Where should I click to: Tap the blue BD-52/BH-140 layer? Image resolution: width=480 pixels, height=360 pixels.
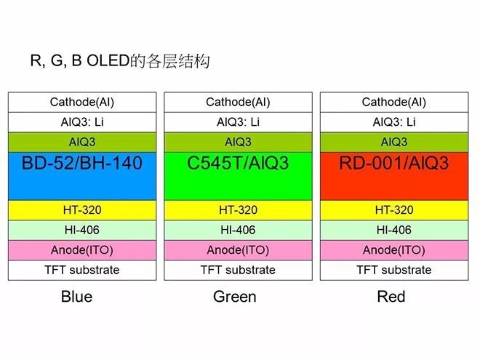82,175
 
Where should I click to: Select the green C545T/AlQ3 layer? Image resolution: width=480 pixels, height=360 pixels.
238,175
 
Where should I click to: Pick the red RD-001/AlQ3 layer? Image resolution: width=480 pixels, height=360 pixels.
393,175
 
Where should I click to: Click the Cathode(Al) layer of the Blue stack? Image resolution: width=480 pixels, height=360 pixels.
82,103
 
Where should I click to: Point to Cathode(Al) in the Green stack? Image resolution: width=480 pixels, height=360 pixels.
238,103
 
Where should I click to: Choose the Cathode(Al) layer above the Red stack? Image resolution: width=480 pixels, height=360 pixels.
393,103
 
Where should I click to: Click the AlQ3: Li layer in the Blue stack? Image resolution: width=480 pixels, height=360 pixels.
82,122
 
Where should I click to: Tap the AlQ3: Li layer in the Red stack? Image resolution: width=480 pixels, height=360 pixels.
393,122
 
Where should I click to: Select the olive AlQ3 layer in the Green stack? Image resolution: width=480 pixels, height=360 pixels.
238,142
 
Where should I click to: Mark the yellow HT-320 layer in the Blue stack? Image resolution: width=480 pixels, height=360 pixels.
82,210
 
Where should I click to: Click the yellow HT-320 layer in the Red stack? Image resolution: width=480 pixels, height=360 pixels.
393,210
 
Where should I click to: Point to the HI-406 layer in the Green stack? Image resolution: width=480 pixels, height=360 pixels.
238,230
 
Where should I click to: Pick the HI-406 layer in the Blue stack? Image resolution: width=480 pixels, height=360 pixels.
82,230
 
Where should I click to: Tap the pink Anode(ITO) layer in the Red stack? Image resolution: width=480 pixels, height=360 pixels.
393,250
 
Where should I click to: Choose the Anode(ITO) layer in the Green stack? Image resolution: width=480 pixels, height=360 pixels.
238,250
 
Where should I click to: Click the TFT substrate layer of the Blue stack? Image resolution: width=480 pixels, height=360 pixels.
82,270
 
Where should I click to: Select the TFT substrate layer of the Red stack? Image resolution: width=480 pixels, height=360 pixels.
393,270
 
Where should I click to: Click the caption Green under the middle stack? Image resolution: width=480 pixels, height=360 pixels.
235,297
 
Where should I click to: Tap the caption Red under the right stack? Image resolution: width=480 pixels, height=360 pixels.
391,297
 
